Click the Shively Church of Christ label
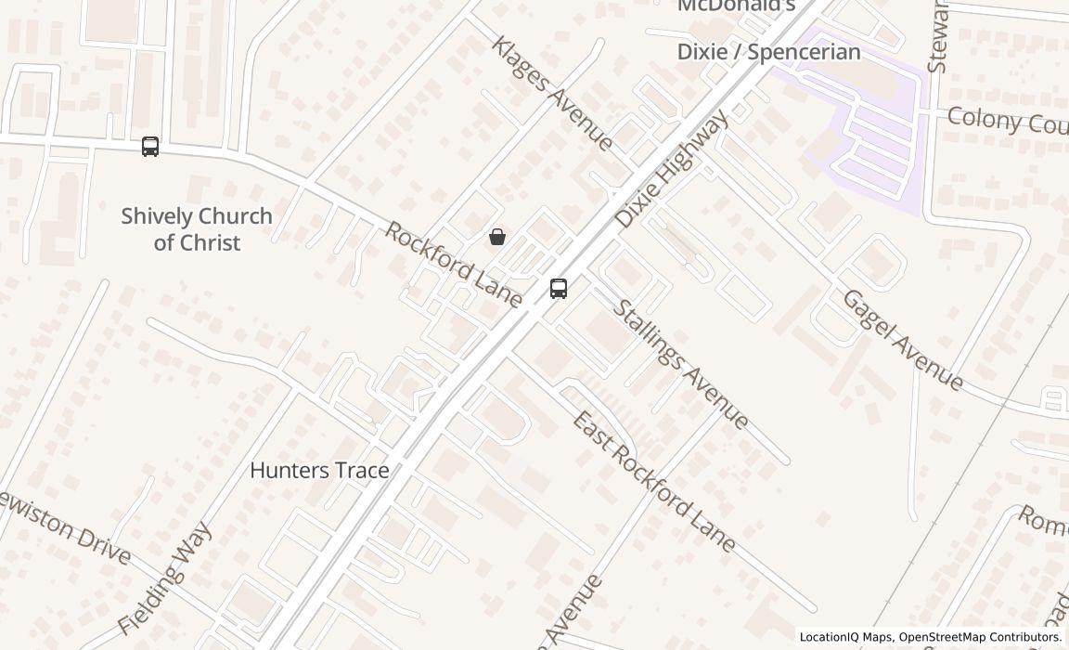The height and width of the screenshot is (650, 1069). (x=197, y=228)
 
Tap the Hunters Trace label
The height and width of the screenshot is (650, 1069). (x=319, y=471)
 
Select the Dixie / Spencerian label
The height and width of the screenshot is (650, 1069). (x=768, y=52)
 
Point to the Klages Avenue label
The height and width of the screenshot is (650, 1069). (x=552, y=93)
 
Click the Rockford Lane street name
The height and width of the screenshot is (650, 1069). (x=453, y=264)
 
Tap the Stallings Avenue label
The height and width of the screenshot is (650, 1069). (x=681, y=364)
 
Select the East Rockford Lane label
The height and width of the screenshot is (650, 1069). (x=654, y=481)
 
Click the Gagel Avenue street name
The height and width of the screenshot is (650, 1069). (x=903, y=339)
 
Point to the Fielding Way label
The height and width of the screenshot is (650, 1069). (x=166, y=578)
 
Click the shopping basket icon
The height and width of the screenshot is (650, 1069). (x=497, y=237)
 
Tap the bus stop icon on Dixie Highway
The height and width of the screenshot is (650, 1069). (x=559, y=289)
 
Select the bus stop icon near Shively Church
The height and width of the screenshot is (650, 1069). (x=150, y=147)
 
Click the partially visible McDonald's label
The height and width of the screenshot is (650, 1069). (x=737, y=6)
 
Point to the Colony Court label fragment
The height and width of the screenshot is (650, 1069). (x=1007, y=121)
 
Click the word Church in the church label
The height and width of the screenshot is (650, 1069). (x=227, y=216)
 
